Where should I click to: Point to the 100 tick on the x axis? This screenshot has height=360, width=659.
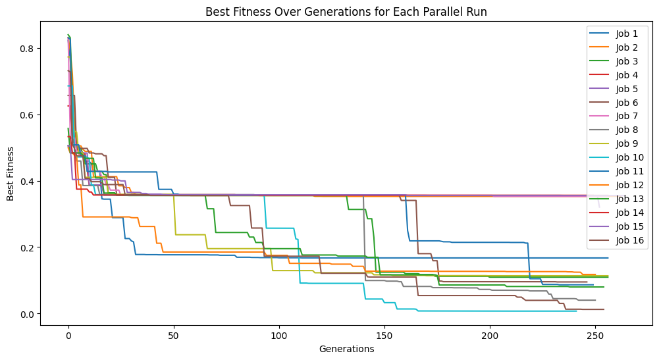[279, 336]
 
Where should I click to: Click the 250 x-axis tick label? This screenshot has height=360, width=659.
[595, 336]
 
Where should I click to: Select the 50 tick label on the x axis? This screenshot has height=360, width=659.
[174, 336]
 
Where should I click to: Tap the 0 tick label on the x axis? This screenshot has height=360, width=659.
[68, 336]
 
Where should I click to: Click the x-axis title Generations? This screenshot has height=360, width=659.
[347, 349]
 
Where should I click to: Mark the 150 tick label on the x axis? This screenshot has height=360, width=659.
[384, 336]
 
